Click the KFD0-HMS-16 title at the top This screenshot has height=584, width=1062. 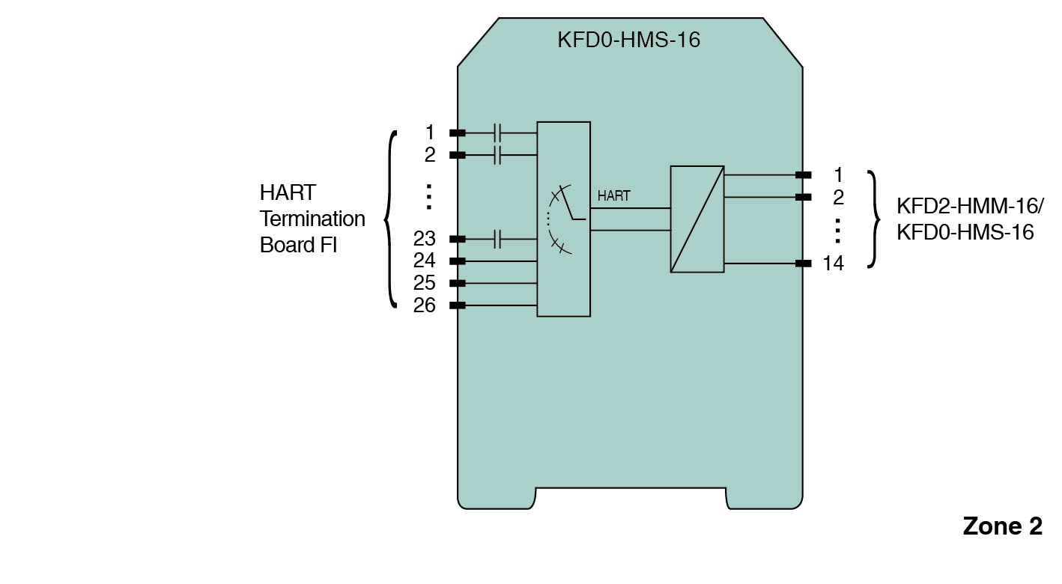(628, 40)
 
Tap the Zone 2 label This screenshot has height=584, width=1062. (1001, 526)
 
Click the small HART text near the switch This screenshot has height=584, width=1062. (613, 196)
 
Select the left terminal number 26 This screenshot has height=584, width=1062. (424, 305)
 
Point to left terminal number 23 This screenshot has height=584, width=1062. (424, 239)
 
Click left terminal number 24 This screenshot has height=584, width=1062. (424, 261)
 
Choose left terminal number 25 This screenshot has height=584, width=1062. (424, 283)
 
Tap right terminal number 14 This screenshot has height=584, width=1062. (833, 264)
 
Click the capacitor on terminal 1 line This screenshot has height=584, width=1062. (498, 133)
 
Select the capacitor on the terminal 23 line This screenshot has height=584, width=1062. (498, 240)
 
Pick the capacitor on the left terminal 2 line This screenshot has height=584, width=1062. (498, 155)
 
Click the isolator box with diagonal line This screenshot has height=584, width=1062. (697, 219)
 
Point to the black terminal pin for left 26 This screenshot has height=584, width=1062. (457, 305)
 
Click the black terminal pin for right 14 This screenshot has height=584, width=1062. (803, 264)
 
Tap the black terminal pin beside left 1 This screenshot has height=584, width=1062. (457, 133)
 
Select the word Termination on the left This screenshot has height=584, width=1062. (312, 219)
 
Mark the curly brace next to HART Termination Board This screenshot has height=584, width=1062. (389, 219)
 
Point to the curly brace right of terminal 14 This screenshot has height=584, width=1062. (873, 219)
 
